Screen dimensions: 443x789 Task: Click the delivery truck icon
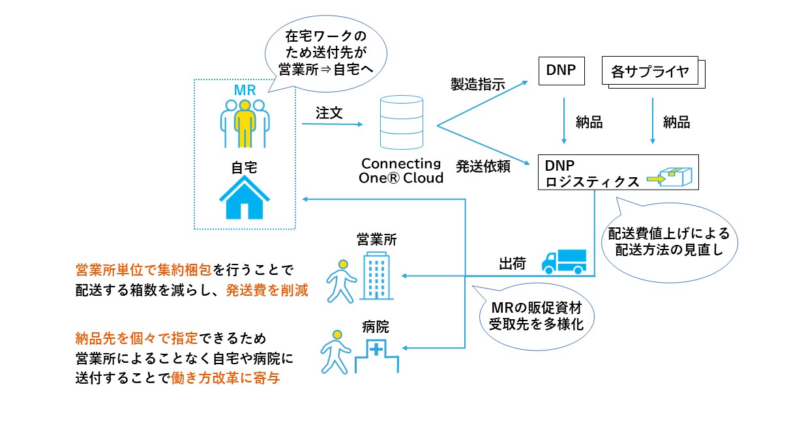[564, 261]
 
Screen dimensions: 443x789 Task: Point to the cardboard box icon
[675, 175]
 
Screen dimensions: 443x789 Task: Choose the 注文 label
[329, 112]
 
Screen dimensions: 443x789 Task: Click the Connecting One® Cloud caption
[401, 171]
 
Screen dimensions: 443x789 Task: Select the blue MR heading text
[245, 89]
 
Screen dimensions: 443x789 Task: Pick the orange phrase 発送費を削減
[267, 291]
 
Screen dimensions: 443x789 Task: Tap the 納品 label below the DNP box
[589, 122]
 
